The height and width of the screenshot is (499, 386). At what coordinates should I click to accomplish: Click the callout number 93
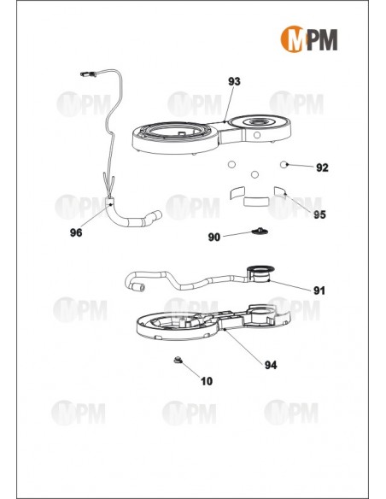tap(234, 81)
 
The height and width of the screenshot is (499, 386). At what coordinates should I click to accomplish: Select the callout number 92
tap(322, 167)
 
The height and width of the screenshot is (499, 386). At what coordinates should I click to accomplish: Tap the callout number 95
tap(319, 214)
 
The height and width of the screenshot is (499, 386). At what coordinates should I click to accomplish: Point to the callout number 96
tap(76, 232)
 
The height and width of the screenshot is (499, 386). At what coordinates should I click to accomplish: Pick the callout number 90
tap(214, 237)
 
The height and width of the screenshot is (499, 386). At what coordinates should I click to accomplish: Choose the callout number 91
tap(319, 291)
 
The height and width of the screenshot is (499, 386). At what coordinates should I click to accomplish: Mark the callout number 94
tap(271, 365)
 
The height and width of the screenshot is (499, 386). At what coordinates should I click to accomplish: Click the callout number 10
tap(207, 381)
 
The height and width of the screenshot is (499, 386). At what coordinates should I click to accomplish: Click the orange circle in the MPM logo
tap(292, 39)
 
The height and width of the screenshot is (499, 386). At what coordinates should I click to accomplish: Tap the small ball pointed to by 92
tap(284, 164)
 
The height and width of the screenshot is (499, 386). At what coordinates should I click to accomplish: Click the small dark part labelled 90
tap(260, 231)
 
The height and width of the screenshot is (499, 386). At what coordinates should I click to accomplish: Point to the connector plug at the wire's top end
tap(88, 74)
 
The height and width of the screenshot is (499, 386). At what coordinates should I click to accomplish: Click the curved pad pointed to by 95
tap(280, 192)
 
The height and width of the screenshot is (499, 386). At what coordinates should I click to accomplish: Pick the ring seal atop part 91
tap(260, 268)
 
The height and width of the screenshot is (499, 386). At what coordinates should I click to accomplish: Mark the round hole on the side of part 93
tap(257, 135)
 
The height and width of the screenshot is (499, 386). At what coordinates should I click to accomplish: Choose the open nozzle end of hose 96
tap(158, 214)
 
